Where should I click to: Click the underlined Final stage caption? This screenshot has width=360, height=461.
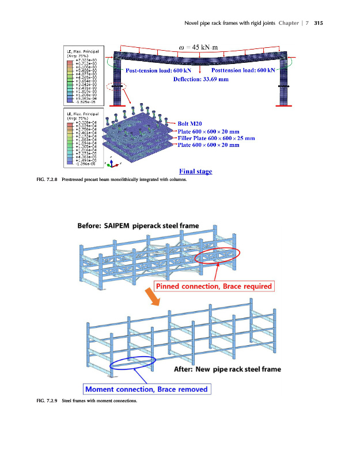[195, 171]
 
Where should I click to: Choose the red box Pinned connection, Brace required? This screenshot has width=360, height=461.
[213, 286]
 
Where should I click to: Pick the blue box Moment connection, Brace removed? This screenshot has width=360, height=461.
[146, 390]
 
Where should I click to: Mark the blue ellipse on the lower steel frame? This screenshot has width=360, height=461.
[132, 364]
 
